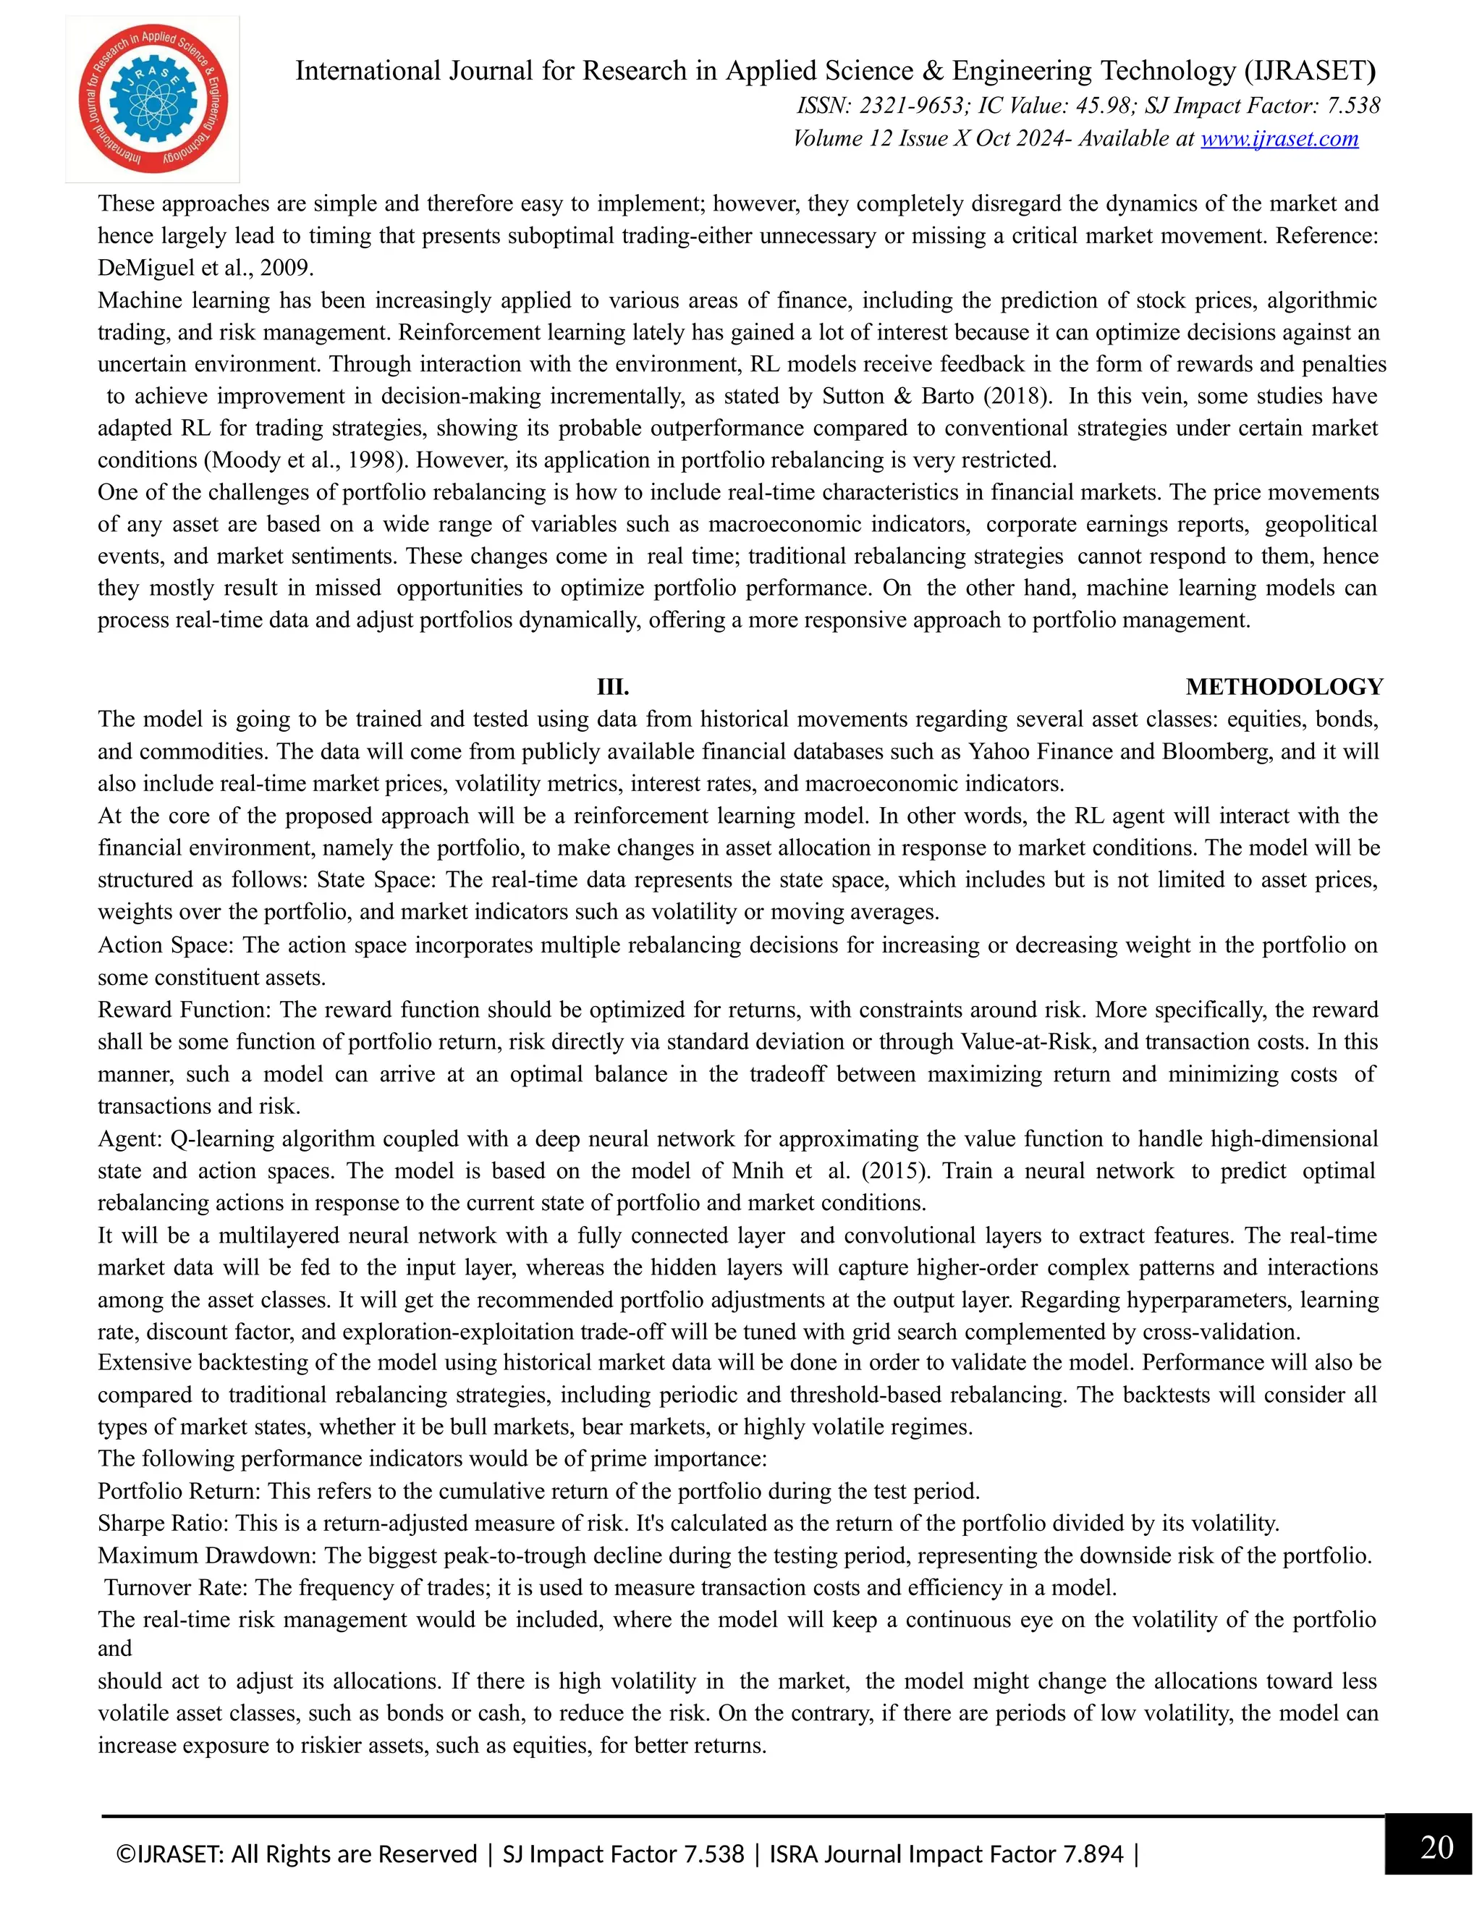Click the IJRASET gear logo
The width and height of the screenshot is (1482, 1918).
coord(153,98)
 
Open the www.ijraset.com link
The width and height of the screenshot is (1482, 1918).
coord(1279,139)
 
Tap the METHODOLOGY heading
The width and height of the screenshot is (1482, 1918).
coord(1284,687)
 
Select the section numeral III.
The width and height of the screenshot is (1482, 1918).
coord(613,687)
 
